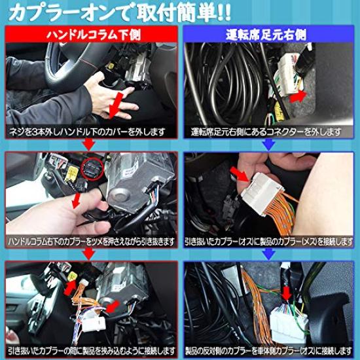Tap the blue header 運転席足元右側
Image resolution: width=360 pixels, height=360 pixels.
point(270,35)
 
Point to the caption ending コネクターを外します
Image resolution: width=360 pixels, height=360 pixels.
point(270,132)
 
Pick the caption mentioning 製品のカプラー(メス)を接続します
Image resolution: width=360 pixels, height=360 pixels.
point(270,242)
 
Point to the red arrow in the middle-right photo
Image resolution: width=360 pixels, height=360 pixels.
point(243,176)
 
